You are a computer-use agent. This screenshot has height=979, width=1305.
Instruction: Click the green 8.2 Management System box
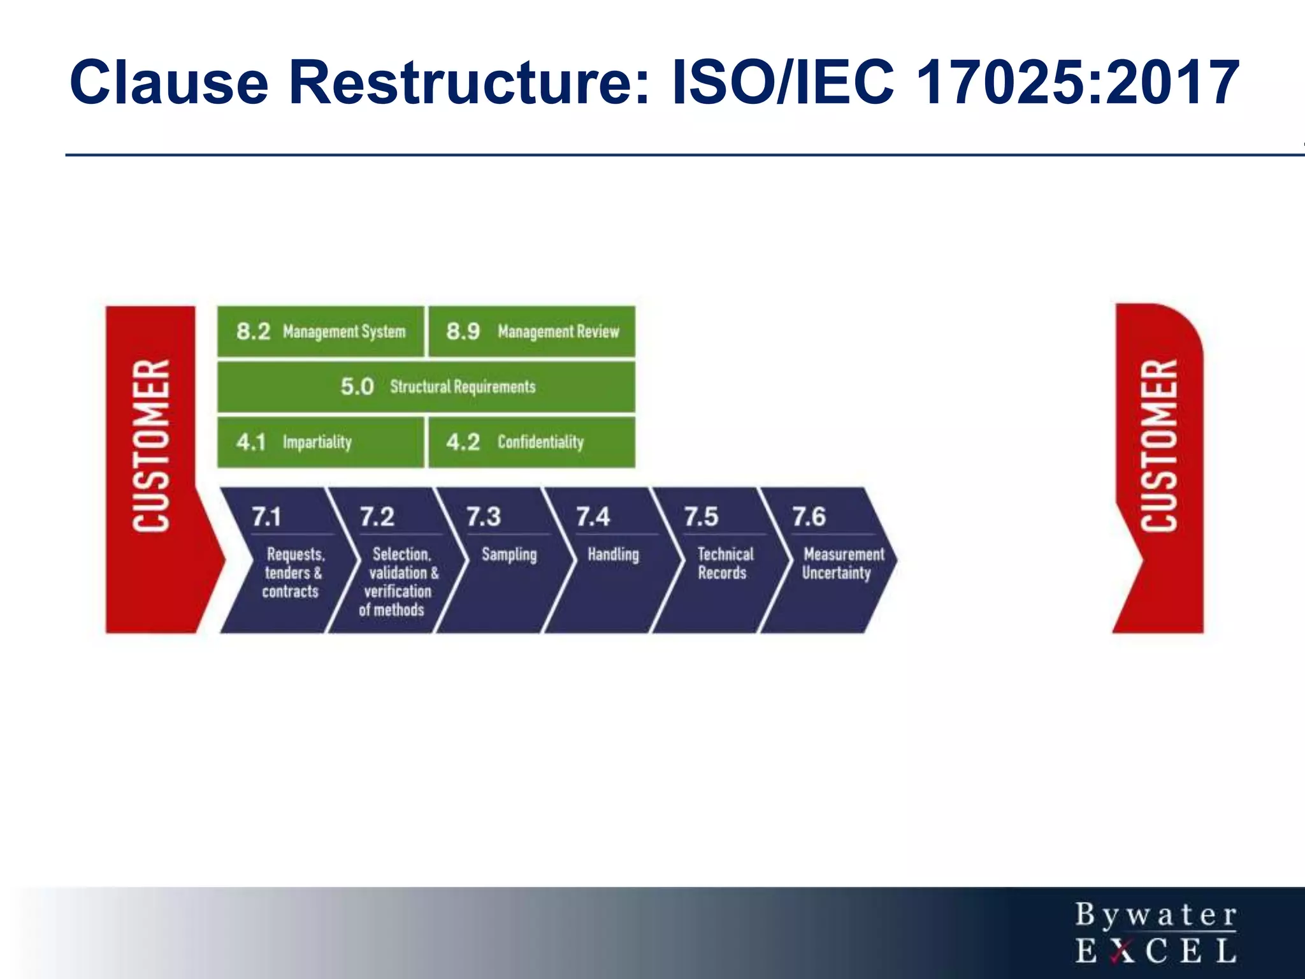click(321, 331)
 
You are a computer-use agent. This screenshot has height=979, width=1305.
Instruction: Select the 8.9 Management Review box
click(532, 331)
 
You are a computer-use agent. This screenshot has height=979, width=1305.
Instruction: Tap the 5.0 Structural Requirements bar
click(426, 387)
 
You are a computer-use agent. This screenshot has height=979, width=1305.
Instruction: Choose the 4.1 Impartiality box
click(321, 442)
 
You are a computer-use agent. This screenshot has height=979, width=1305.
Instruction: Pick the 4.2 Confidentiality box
click(532, 442)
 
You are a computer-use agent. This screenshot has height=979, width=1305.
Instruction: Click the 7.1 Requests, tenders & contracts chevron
click(287, 561)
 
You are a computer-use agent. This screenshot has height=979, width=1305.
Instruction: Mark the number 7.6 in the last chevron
click(809, 516)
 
